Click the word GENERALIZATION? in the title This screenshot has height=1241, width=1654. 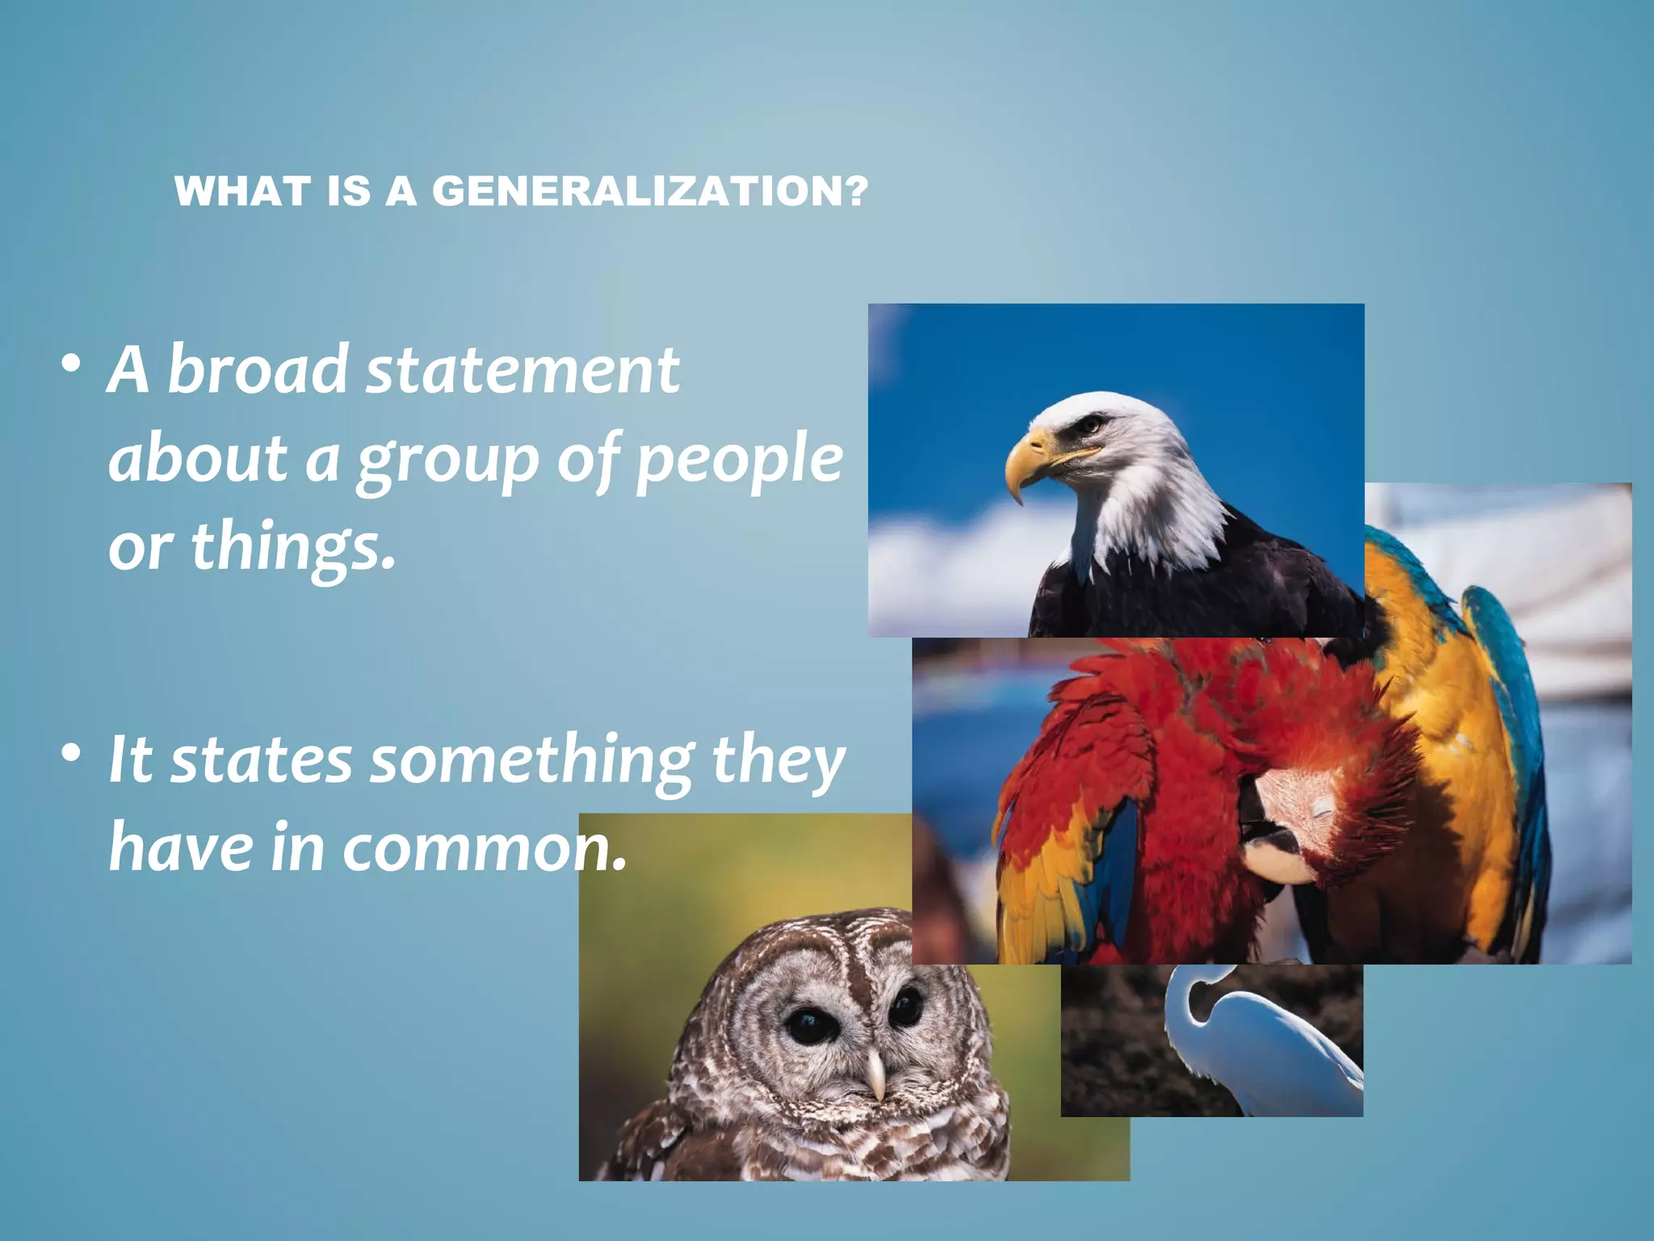650,192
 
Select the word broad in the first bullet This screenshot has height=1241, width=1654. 258,370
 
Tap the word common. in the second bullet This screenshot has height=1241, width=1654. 485,848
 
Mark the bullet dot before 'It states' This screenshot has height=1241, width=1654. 71,753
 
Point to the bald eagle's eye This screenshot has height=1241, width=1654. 1092,423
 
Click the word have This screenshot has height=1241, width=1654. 182,848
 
